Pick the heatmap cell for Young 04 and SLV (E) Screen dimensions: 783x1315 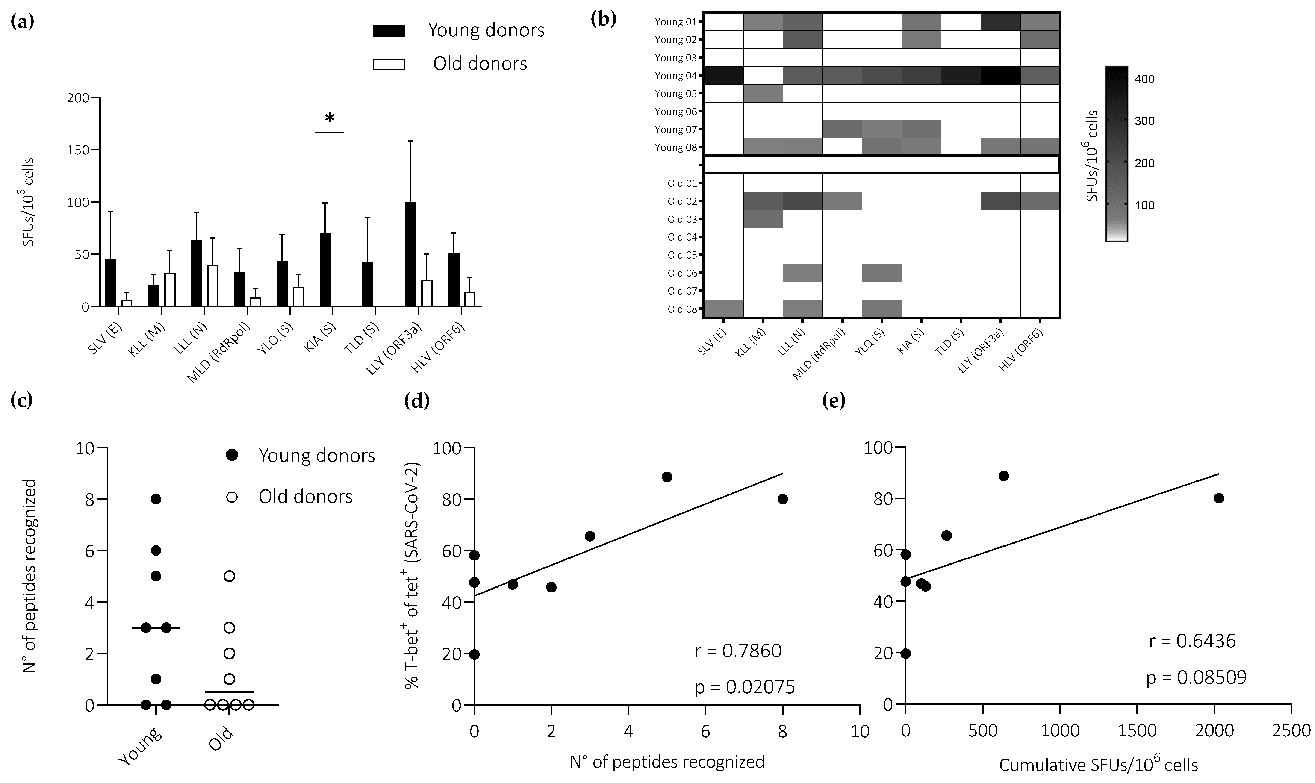pyautogui.click(x=724, y=76)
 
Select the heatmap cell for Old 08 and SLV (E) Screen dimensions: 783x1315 pyautogui.click(x=724, y=309)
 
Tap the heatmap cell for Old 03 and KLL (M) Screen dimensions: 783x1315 pyautogui.click(x=763, y=219)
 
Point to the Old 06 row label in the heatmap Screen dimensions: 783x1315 pyautogui.click(x=682, y=273)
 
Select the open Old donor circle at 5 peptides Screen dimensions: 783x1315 pyautogui.click(x=229, y=576)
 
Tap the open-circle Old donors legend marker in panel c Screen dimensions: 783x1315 pyautogui.click(x=232, y=497)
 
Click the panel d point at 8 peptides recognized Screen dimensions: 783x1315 pyautogui.click(x=782, y=499)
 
